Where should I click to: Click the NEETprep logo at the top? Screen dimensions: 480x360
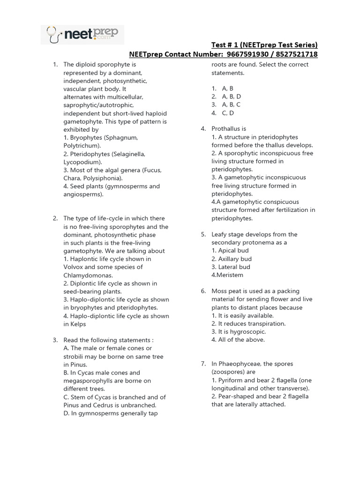click(82, 34)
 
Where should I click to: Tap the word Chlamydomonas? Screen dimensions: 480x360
click(88, 275)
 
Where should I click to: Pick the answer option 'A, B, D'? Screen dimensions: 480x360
click(231, 97)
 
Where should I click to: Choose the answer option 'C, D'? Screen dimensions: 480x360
click(228, 112)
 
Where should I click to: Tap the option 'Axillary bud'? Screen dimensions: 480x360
click(232, 259)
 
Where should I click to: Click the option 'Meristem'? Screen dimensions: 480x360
click(228, 275)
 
